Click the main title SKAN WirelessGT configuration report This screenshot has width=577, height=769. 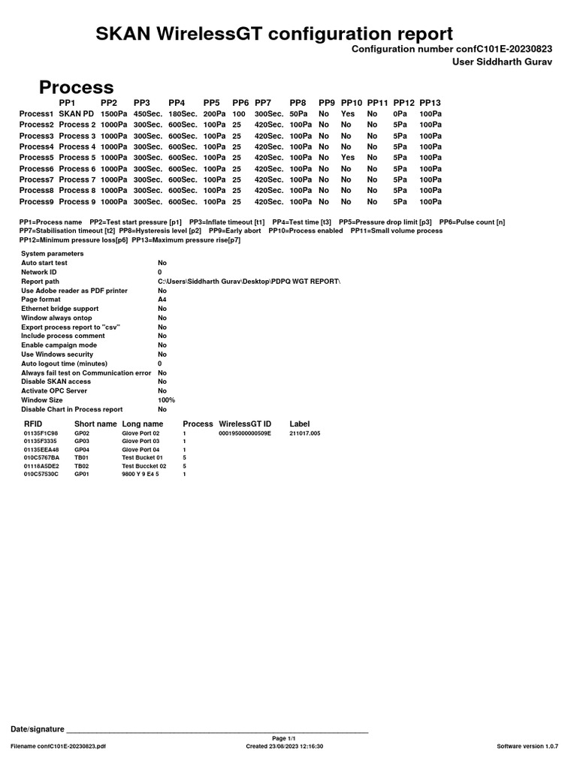274,33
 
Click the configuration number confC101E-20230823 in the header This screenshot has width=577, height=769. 452,49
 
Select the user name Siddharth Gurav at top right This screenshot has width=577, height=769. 502,62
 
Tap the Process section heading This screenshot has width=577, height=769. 76,87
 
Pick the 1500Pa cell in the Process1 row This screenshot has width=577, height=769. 113,114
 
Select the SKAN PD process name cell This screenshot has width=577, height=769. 77,114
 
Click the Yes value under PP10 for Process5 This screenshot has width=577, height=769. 347,158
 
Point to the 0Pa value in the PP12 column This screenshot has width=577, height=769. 400,114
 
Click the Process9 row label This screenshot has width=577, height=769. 36,201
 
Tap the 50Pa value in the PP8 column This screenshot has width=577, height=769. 298,114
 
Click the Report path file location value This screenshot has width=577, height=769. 249,281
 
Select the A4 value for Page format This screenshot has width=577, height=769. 162,299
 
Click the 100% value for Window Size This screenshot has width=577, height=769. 166,400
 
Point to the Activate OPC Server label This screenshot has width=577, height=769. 54,391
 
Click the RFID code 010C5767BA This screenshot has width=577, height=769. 41,457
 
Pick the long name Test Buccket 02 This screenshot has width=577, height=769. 143,466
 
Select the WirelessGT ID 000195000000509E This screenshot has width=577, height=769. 244,433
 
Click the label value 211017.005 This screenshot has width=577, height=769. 304,433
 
